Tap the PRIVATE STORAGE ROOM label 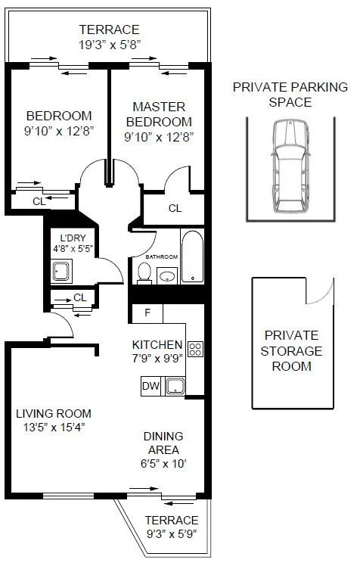coord(292,350)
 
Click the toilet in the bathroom coord(144,273)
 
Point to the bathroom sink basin coord(168,276)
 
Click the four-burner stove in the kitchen coord(195,349)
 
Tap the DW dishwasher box coord(150,387)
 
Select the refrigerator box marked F coord(147,313)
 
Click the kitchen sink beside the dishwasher coord(176,386)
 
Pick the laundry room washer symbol coord(61,271)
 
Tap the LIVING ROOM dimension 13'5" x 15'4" coord(54,427)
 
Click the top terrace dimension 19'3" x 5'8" coord(110,45)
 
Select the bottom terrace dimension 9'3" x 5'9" coord(172,534)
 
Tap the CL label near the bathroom coord(175,208)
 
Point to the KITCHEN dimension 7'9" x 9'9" coord(157,358)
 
